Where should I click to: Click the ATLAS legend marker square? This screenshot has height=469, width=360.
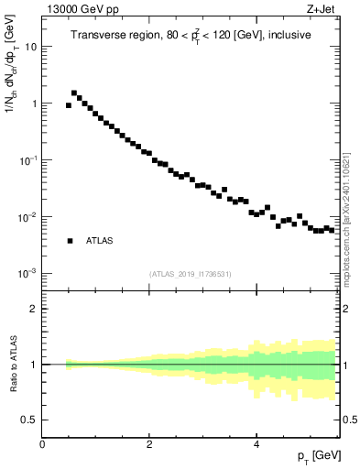(70, 241)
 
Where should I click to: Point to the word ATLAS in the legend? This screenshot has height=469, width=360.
(100, 241)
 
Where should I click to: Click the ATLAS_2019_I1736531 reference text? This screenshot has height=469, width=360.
(190, 274)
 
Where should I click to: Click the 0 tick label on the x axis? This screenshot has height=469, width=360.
(42, 444)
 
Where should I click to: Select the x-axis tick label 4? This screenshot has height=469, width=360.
(256, 444)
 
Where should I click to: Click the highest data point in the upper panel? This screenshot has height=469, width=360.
(74, 93)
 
